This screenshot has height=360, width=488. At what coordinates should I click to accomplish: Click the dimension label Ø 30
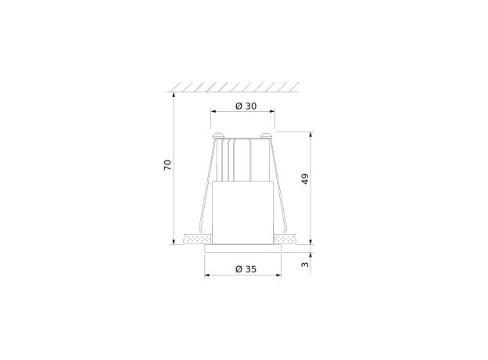(246, 106)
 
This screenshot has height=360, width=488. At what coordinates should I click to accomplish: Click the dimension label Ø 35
(246, 269)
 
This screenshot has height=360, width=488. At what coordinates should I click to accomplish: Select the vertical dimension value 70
(167, 165)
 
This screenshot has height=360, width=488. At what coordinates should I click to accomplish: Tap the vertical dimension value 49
(305, 178)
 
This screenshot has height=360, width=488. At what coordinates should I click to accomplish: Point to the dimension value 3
(305, 265)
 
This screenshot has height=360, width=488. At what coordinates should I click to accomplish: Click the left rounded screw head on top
(218, 135)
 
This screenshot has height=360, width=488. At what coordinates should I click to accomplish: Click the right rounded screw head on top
(267, 135)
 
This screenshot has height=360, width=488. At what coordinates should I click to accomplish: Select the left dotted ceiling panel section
(197, 239)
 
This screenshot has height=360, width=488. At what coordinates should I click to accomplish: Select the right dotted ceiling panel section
(285, 239)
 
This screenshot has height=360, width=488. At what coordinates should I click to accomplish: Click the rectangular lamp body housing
(242, 213)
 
